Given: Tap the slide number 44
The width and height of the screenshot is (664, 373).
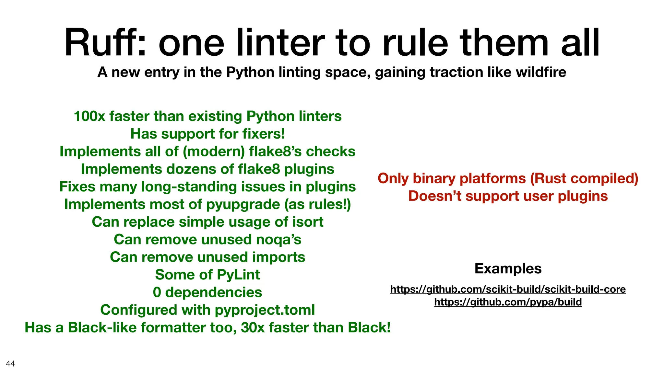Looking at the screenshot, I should click(10, 364).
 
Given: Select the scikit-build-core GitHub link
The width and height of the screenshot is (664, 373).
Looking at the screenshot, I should click(508, 289).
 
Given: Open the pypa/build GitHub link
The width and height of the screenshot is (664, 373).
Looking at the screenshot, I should click(508, 302).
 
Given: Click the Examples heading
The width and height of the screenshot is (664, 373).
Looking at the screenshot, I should click(508, 268).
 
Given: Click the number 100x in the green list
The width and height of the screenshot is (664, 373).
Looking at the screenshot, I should click(89, 116).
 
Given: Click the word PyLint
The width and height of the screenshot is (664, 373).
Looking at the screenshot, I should click(238, 275).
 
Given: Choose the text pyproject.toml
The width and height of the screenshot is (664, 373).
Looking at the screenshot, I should click(265, 310).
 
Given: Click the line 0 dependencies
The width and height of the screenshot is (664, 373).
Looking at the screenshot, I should click(207, 292).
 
